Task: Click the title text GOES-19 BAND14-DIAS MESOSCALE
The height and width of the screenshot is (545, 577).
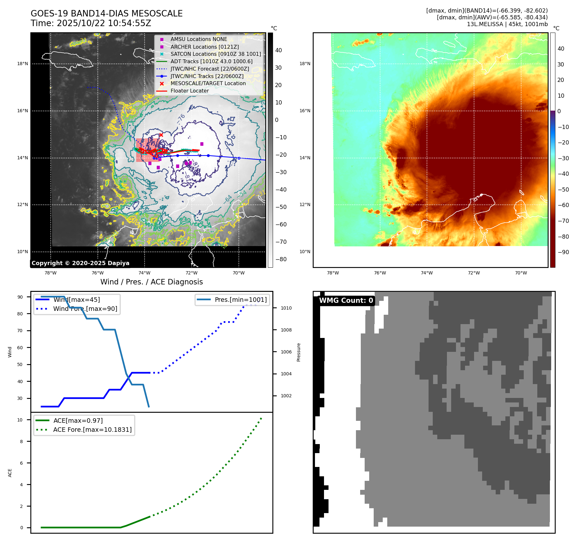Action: pyautogui.click(x=106, y=14)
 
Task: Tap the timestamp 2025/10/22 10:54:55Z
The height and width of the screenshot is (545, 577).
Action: pyautogui.click(x=104, y=23)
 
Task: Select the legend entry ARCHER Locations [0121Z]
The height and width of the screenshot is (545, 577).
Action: pyautogui.click(x=205, y=47)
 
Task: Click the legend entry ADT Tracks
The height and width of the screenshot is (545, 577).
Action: pyautogui.click(x=211, y=61)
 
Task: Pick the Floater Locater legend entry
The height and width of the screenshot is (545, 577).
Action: pyautogui.click(x=189, y=91)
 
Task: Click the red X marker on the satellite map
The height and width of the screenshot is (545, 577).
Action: pyautogui.click(x=161, y=135)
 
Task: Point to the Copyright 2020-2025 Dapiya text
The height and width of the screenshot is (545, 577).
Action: pyautogui.click(x=80, y=263)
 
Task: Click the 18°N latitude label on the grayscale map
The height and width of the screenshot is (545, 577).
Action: pyautogui.click(x=23, y=64)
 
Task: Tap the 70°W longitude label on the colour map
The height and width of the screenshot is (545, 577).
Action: pyautogui.click(x=521, y=273)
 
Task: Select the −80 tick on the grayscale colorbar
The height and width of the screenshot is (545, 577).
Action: pyautogui.click(x=281, y=259)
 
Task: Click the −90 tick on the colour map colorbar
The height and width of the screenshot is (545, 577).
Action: pyautogui.click(x=563, y=252)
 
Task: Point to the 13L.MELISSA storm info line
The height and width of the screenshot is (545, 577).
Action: pyautogui.click(x=507, y=24)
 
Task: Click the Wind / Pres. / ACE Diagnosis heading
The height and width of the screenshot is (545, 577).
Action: pyautogui.click(x=152, y=282)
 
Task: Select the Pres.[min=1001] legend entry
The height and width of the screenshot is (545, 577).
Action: pyautogui.click(x=240, y=300)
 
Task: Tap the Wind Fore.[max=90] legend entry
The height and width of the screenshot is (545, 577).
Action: pyautogui.click(x=85, y=309)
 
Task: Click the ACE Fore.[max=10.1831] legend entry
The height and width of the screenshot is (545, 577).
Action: pyautogui.click(x=92, y=430)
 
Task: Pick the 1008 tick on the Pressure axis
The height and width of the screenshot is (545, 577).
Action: pyautogui.click(x=286, y=330)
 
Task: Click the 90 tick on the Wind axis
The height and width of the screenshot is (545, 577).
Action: pyautogui.click(x=20, y=297)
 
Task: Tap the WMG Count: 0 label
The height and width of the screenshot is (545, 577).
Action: pyautogui.click(x=346, y=301)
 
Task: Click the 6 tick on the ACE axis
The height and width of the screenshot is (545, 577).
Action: pyautogui.click(x=22, y=463)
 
